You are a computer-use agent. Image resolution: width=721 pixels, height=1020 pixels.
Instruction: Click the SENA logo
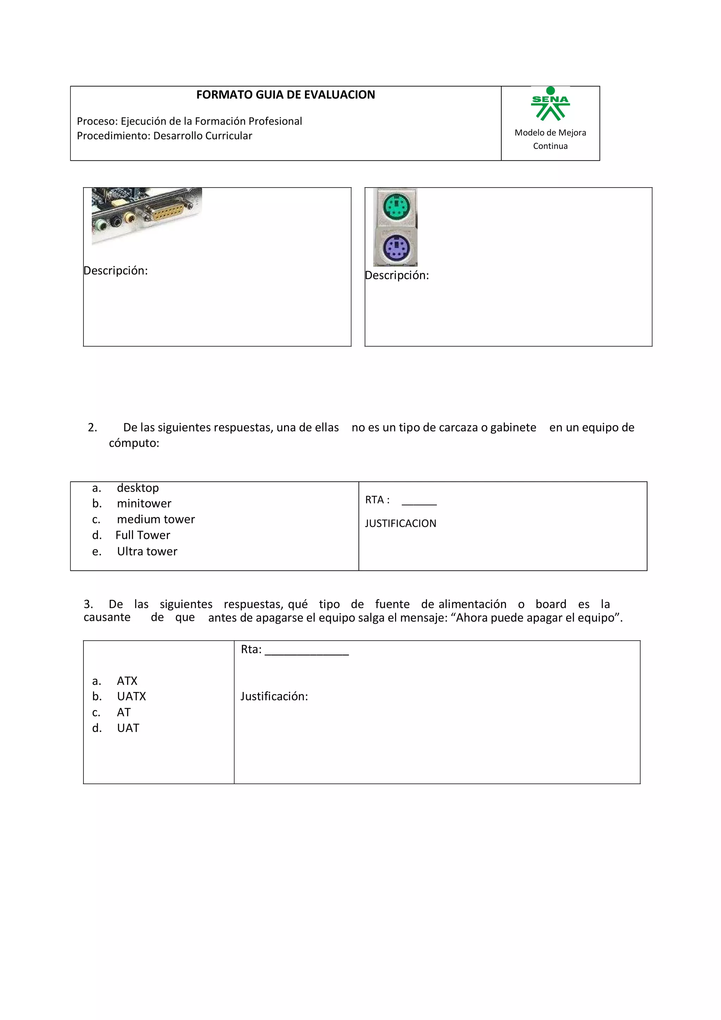point(550,105)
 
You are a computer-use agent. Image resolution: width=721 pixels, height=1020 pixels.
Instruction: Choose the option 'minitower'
point(144,503)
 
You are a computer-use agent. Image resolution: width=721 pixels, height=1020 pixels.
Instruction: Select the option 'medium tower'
point(156,520)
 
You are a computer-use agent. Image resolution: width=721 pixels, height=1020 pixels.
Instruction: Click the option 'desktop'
point(138,488)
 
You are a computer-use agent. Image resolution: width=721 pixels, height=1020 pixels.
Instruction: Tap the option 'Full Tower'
point(143,535)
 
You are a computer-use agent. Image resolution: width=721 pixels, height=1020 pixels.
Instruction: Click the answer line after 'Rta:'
point(307,652)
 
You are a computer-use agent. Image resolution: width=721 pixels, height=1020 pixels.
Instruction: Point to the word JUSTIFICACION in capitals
point(400,523)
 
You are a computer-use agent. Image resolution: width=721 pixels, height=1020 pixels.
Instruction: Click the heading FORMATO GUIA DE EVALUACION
point(286,95)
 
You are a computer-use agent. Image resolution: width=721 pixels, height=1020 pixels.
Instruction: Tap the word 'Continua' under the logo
point(550,146)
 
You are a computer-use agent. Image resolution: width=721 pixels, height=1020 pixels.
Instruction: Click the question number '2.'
point(92,427)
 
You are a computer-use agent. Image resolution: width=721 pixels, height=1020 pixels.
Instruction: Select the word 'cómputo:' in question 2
point(134,443)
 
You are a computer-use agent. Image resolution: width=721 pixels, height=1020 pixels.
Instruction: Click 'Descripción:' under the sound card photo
point(115,271)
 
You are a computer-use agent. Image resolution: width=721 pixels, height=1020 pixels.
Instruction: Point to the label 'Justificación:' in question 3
point(274,696)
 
